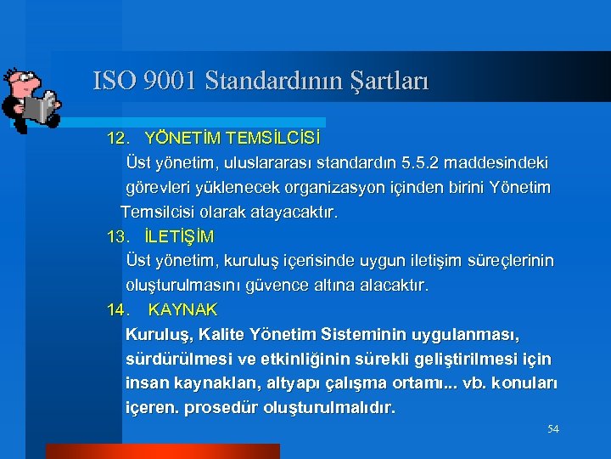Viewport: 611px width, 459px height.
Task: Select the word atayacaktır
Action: [x=294, y=212]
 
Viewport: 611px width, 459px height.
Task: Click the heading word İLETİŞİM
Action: [x=179, y=235]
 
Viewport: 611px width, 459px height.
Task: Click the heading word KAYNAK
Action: [x=182, y=309]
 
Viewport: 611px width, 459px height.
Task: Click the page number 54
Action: [x=552, y=430]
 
